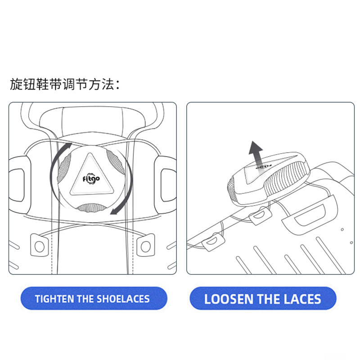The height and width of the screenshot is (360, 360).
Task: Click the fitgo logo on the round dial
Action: point(91,179)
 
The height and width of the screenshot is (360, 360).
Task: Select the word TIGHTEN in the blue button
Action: point(55,299)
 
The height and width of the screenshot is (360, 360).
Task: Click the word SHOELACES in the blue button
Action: point(123,299)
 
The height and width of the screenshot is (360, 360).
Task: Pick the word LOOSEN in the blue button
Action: point(229,299)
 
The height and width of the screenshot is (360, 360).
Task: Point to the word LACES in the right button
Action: point(302,299)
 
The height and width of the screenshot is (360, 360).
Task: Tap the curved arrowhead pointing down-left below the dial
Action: point(114,211)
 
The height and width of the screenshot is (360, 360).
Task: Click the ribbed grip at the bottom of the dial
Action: point(91,207)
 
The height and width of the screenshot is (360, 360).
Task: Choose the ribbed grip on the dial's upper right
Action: point(116,162)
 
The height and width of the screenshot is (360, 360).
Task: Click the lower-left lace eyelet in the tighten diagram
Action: point(39,245)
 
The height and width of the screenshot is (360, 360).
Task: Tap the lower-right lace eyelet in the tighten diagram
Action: point(145,245)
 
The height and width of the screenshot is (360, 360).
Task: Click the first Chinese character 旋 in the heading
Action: point(16,84)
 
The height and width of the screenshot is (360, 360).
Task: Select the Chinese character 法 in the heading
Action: point(108,84)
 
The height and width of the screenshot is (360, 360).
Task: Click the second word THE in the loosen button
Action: point(269,299)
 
